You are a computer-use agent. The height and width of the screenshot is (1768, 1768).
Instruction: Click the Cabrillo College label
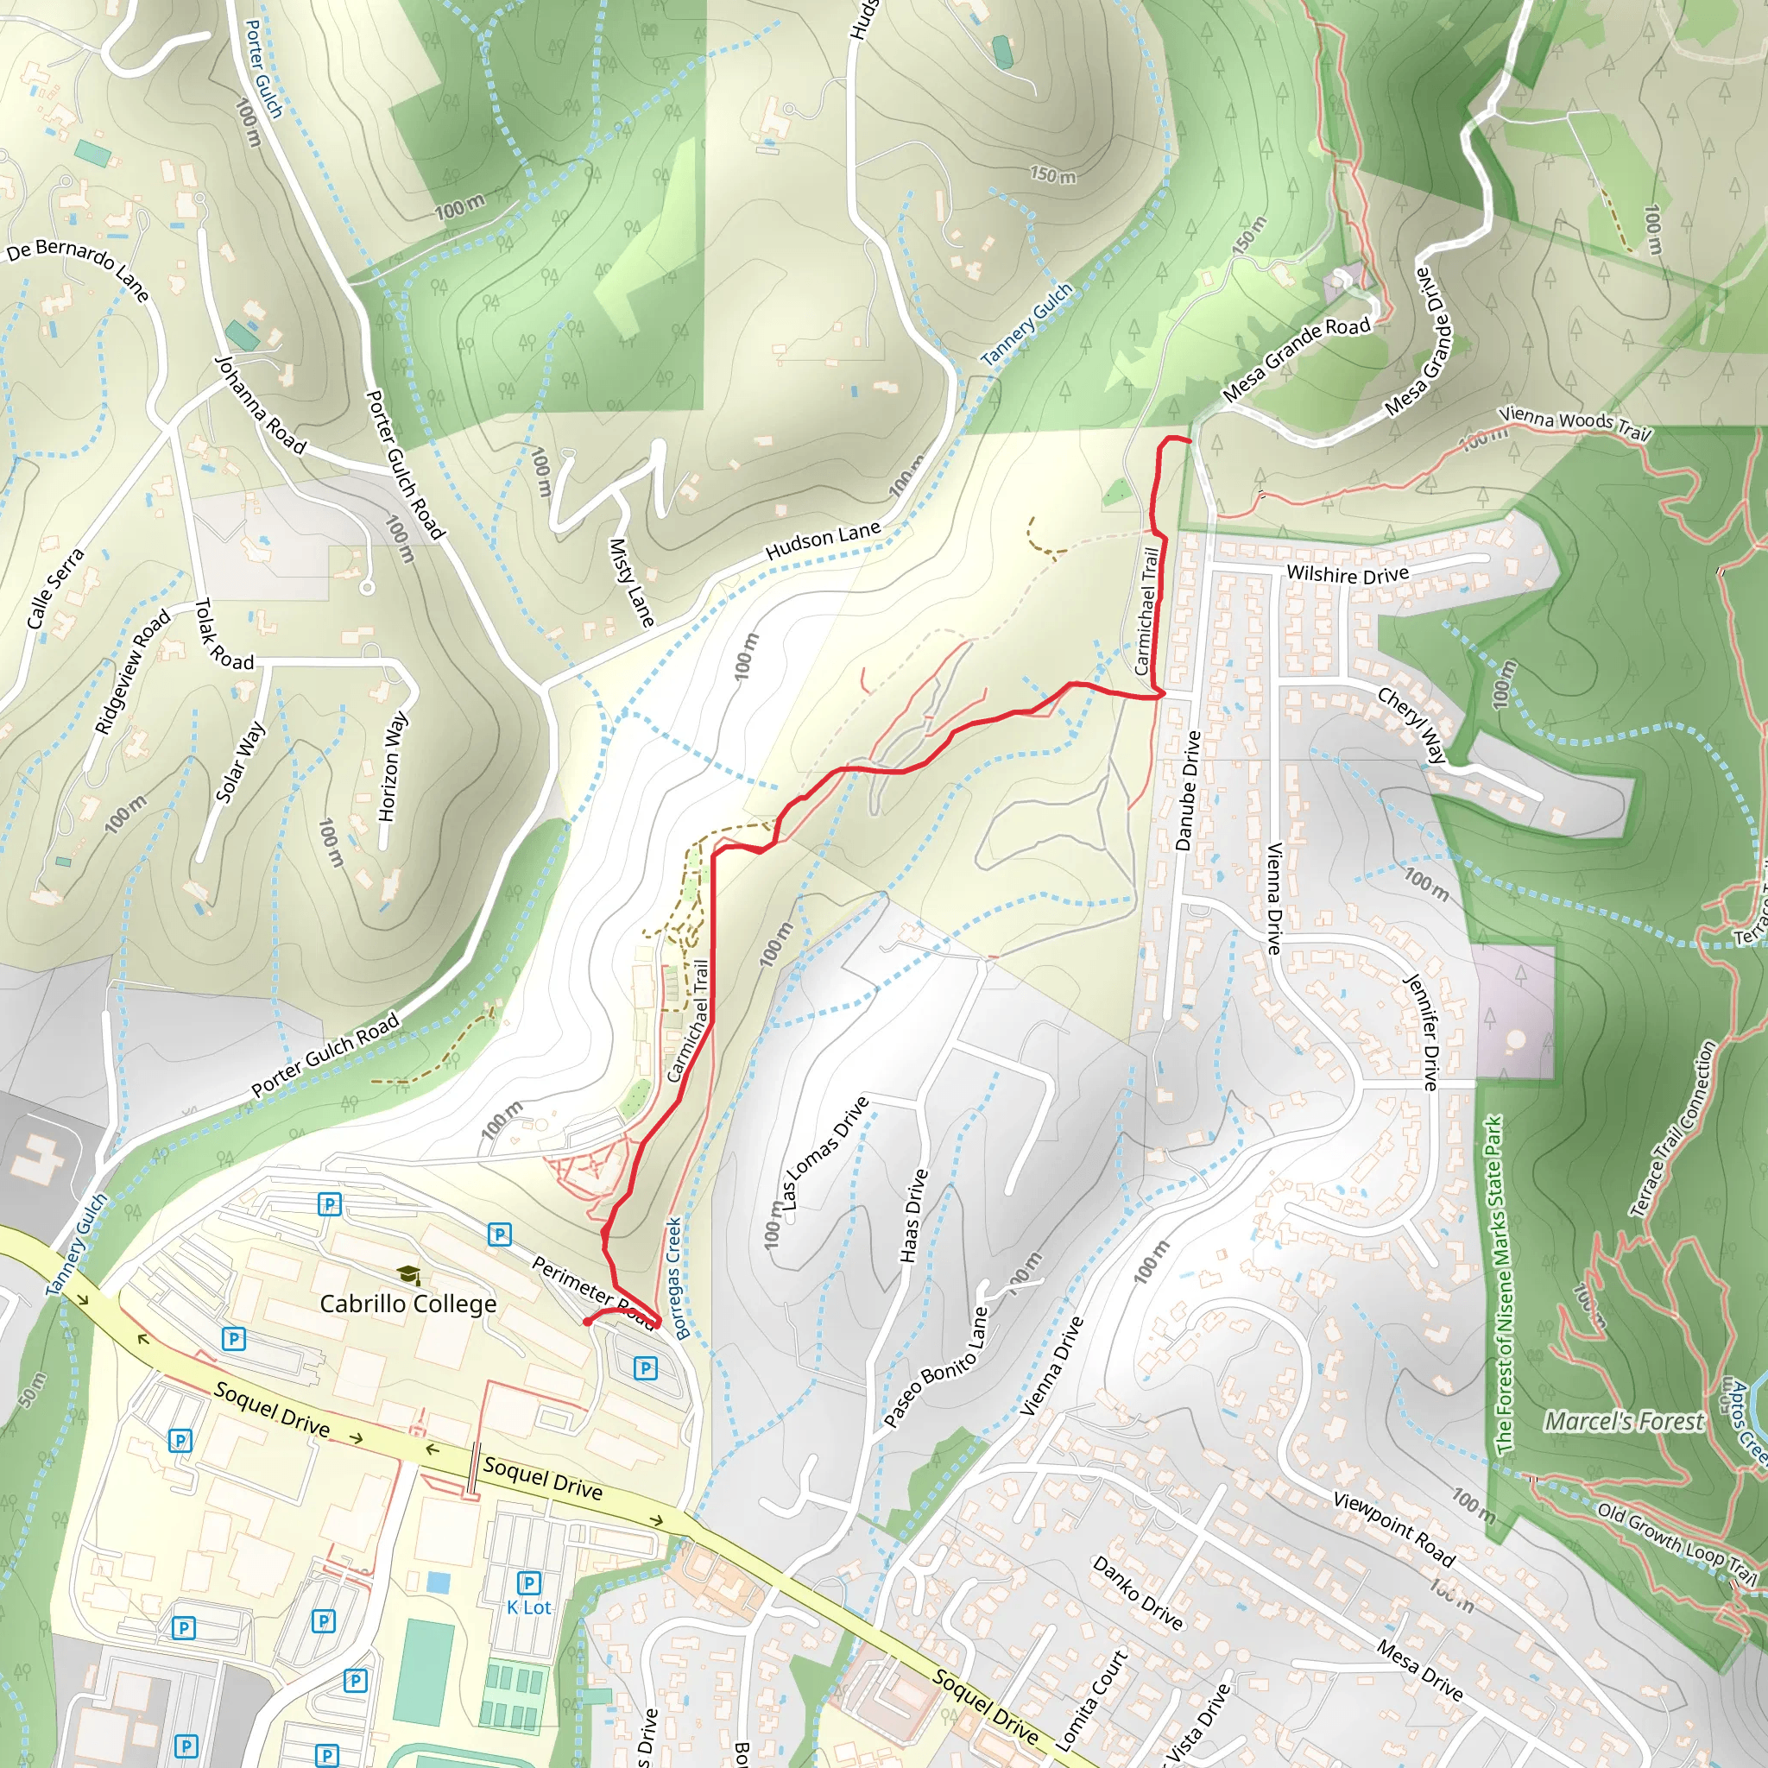click(408, 1304)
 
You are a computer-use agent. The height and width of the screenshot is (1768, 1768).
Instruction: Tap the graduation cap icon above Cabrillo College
click(408, 1275)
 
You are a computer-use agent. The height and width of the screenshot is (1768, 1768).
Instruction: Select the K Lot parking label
click(529, 1607)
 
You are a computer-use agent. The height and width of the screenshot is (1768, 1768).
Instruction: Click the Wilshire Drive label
click(1347, 575)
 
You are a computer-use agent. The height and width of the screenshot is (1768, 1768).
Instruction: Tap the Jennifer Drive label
click(1421, 1031)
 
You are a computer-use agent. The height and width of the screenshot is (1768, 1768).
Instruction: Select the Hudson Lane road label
click(823, 540)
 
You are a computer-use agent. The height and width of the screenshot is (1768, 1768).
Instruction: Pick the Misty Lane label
click(631, 583)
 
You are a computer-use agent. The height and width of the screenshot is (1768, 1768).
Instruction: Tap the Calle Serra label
click(55, 589)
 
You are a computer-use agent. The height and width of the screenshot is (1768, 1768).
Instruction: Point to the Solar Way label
click(240, 761)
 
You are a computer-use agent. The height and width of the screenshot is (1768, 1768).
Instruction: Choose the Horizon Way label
click(394, 767)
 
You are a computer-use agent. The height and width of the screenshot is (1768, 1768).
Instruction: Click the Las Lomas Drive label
click(823, 1153)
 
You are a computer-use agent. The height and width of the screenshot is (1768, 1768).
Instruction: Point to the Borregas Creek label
click(675, 1278)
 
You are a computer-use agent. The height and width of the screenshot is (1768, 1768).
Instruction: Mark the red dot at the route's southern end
click(586, 1322)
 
